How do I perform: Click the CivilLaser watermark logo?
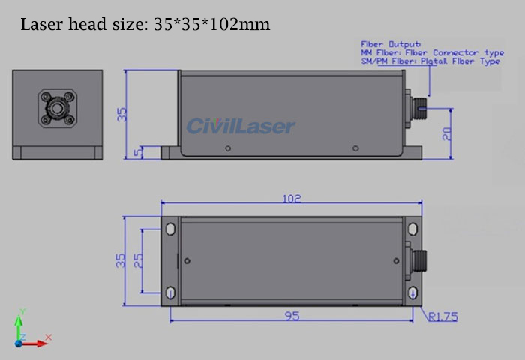tap(241, 126)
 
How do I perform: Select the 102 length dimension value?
tap(292, 199)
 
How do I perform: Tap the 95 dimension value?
tap(292, 316)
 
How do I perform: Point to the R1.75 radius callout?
tap(442, 316)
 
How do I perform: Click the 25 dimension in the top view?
tap(138, 261)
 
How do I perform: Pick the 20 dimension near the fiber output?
tap(448, 133)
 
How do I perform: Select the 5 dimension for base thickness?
tap(136, 152)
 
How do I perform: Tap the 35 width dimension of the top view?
tap(121, 260)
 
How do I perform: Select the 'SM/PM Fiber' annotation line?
tap(430, 61)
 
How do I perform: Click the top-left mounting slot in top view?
tap(171, 227)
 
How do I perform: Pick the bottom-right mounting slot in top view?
tap(411, 293)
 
